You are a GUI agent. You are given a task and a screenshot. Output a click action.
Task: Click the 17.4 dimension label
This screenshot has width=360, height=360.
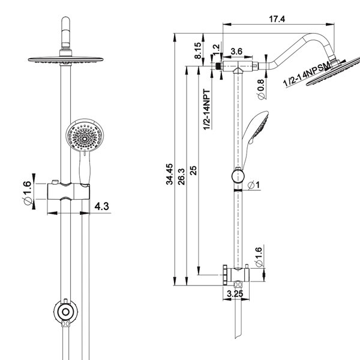click(277, 19)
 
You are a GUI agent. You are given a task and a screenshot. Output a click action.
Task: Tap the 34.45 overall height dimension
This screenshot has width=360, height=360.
click(169, 174)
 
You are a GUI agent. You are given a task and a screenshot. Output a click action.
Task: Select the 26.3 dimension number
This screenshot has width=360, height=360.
click(181, 176)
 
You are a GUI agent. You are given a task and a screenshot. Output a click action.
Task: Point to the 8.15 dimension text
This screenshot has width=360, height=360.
click(197, 50)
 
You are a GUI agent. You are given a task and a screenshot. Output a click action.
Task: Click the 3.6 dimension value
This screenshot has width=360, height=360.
click(236, 52)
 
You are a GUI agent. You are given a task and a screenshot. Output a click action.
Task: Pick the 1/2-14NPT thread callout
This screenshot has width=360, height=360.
click(206, 110)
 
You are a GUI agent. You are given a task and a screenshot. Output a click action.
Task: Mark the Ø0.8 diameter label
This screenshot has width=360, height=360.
click(261, 89)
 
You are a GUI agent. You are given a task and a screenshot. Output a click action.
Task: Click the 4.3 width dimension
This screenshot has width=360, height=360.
click(102, 206)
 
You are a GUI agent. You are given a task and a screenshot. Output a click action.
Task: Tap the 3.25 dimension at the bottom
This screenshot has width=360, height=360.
click(235, 293)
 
